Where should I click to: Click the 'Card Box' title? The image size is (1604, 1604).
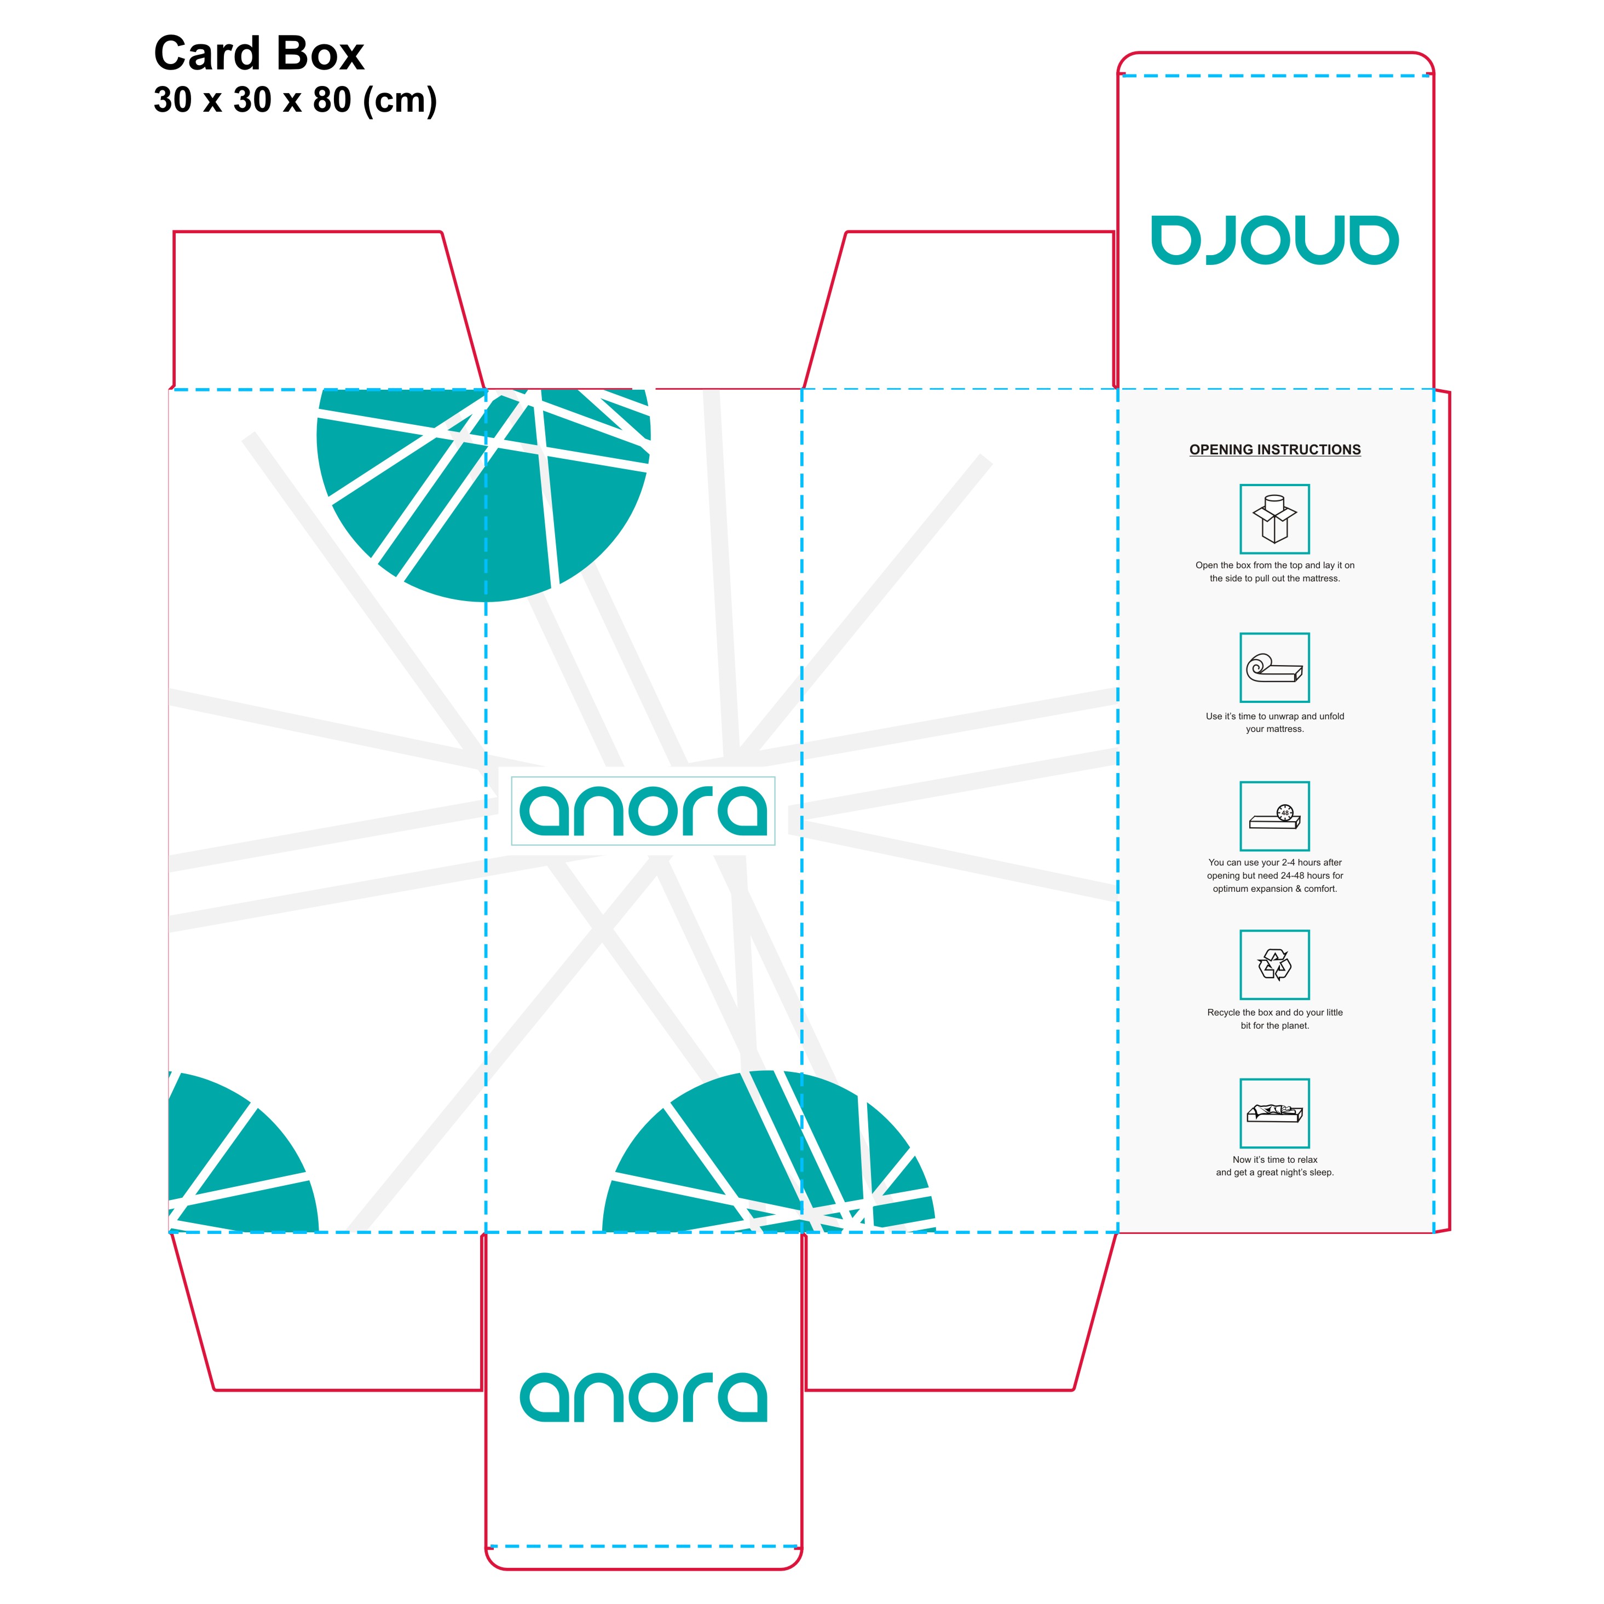click(258, 55)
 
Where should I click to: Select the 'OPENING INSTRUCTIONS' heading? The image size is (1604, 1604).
click(1274, 450)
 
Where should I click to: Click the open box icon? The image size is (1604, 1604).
click(1274, 519)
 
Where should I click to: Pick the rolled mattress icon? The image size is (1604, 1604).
click(1274, 667)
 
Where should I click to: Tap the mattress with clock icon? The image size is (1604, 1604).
click(1274, 816)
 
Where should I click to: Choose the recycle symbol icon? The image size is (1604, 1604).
click(1274, 965)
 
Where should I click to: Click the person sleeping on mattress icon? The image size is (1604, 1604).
click(1274, 1113)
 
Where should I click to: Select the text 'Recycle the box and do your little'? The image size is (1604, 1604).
click(1274, 1013)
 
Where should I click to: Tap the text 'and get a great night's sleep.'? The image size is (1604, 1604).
click(1274, 1173)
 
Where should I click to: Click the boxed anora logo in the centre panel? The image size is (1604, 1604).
click(643, 811)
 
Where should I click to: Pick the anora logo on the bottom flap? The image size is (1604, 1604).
click(643, 1398)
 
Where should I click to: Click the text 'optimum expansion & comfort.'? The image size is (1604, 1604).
click(1274, 889)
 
